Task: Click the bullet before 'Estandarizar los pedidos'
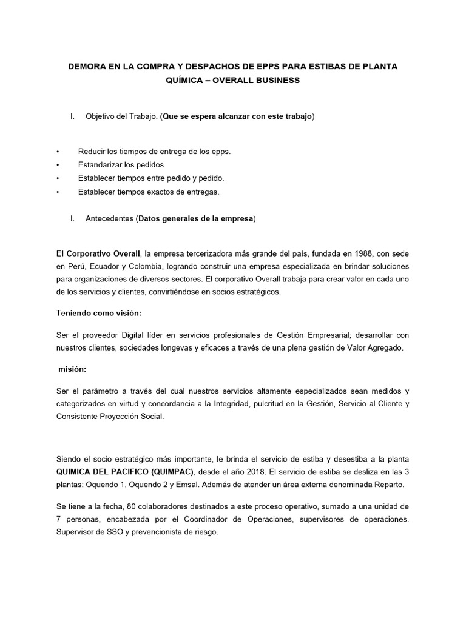tap(57, 165)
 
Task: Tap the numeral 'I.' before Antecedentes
tap(73, 219)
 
